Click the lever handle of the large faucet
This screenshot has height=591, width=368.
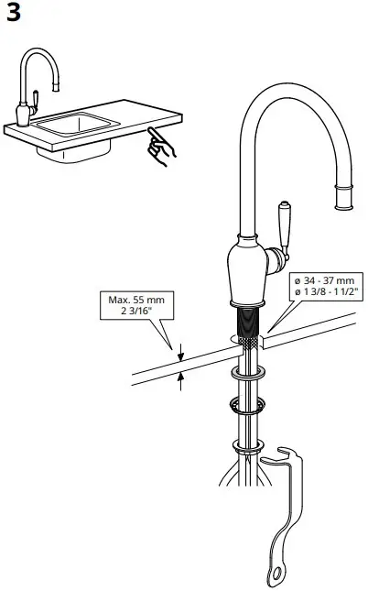(284, 229)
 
